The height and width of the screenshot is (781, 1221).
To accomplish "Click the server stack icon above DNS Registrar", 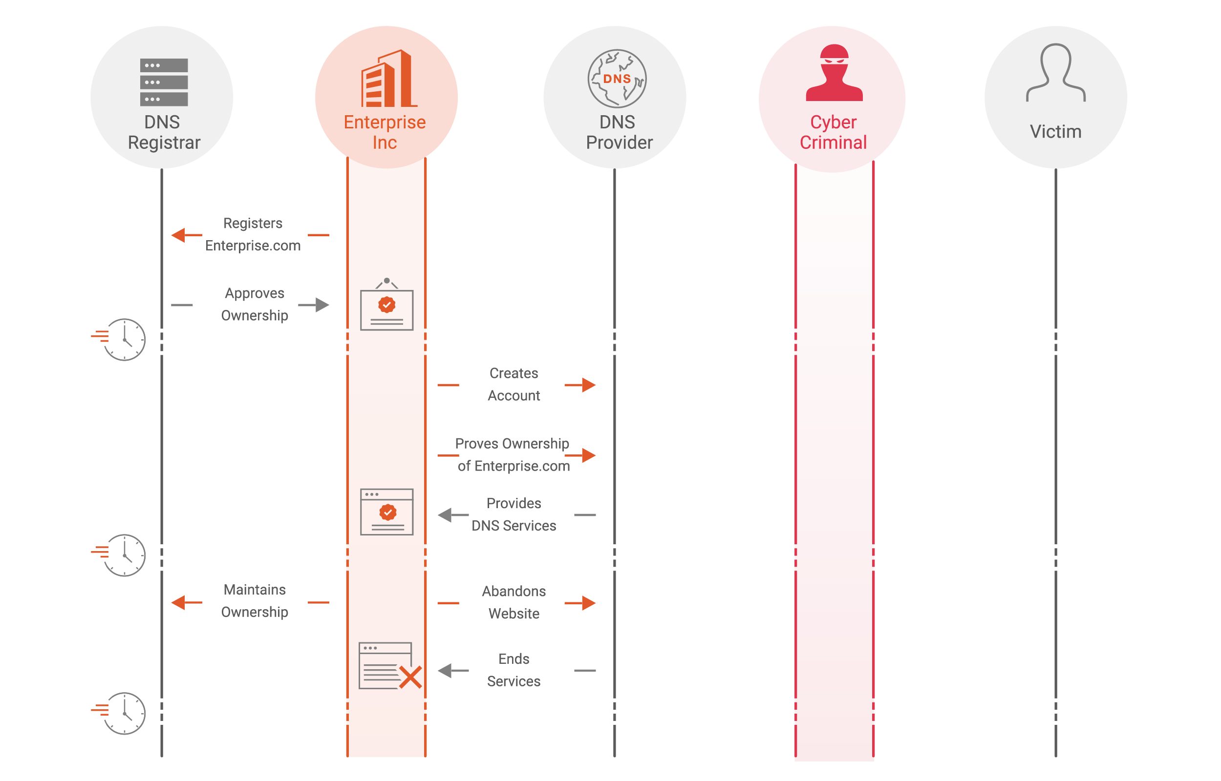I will pos(164,82).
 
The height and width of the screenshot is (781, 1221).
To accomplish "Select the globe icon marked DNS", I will pos(617,79).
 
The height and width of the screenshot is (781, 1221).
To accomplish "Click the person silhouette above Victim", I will pos(1055,73).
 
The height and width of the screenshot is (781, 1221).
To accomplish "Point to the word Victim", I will pos(1055,132).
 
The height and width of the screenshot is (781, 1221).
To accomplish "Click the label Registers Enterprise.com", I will pos(253,234).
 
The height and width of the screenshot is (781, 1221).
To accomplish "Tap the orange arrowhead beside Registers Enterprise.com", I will pos(179,235).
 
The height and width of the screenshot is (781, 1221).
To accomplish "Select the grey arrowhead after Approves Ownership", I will pos(322,305).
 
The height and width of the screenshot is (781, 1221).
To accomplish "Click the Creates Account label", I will pos(514,385).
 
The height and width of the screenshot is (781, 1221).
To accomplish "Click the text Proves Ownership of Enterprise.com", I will pos(513,455).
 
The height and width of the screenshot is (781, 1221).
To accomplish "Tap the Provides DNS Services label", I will pos(514,514).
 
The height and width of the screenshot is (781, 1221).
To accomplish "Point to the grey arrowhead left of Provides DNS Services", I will pos(446,515).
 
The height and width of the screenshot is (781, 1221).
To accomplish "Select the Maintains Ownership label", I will pos(254,601).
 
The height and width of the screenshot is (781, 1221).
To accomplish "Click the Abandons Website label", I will pos(514,602).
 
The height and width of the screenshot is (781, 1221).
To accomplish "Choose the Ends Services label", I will pos(514,670).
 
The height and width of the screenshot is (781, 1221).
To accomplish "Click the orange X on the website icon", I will pos(410,678).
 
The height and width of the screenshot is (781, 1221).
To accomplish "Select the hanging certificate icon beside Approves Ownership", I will pos(386,306).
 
